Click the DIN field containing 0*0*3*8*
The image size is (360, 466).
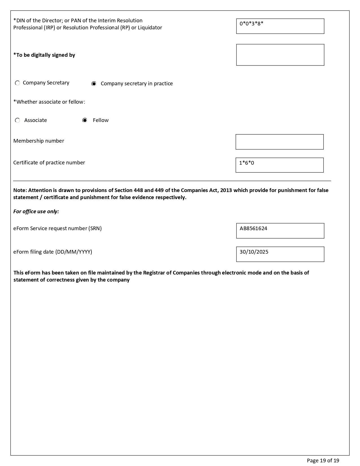coord(280,26)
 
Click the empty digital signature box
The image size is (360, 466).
coord(280,55)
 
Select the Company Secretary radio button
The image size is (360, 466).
coord(18,83)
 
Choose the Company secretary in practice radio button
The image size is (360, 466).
coord(94,84)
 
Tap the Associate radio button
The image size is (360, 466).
coord(18,121)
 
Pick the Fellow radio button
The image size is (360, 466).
coord(85,121)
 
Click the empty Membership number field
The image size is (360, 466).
coord(280,142)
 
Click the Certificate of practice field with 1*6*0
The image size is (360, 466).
coord(280,165)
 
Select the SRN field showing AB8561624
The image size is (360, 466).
coord(280,231)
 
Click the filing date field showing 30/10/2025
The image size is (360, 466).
coord(280,254)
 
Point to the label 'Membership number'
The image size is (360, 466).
coord(39,141)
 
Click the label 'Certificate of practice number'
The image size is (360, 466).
coord(49,163)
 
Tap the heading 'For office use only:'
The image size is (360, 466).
coord(36,212)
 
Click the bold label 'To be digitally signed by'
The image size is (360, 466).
coord(44,55)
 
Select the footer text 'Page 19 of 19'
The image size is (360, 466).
coord(323,461)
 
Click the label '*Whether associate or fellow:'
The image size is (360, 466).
coord(49,102)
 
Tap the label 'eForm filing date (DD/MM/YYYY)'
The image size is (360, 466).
coord(53,252)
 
